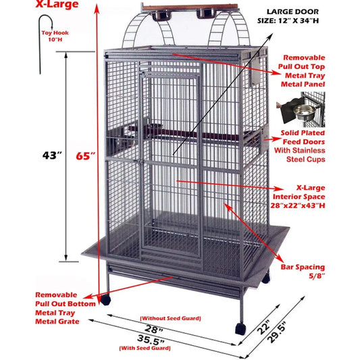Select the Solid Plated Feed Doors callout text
tap(313, 145)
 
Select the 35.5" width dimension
tap(151, 339)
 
